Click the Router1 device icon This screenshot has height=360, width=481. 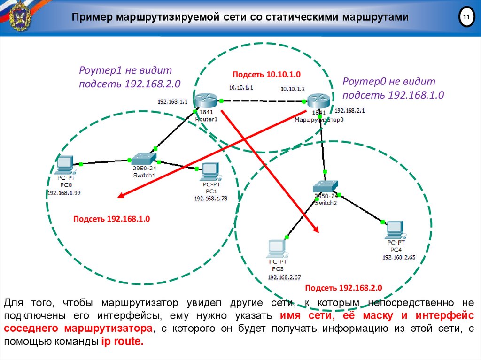(x=206, y=100)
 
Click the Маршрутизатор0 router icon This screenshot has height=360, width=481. (x=319, y=101)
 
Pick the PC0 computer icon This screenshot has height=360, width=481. (x=64, y=165)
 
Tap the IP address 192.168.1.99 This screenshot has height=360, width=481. (x=63, y=192)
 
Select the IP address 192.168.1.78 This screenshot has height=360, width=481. (x=210, y=199)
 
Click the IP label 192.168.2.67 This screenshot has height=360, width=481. (x=284, y=277)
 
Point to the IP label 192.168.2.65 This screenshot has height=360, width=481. (x=399, y=257)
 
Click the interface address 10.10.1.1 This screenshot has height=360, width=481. (x=241, y=87)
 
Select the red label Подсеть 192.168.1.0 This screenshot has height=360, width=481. (x=111, y=219)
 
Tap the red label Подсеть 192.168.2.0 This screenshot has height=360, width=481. (x=344, y=287)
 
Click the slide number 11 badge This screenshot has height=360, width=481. (x=466, y=18)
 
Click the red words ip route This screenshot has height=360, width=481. (x=121, y=342)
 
